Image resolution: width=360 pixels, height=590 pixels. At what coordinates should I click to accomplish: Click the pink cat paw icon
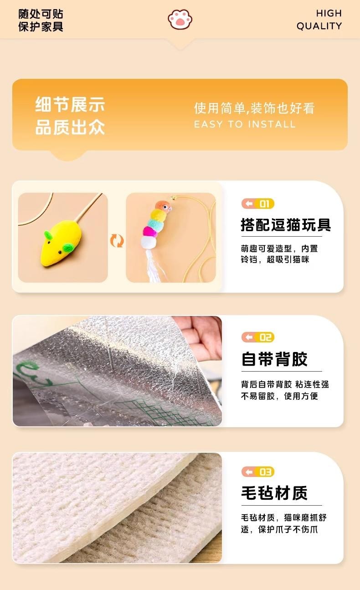coord(180,20)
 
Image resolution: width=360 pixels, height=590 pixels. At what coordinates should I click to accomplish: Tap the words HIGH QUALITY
coord(319,20)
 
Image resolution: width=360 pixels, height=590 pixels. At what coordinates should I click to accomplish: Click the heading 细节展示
coord(70,104)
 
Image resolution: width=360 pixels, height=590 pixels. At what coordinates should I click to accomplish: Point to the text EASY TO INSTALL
coord(245,124)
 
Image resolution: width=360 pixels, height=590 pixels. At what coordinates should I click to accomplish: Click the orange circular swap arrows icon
coord(117,240)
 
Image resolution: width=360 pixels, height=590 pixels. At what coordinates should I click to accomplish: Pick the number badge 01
coord(258,204)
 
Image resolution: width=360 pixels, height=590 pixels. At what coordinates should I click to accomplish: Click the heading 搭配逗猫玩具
coord(286,225)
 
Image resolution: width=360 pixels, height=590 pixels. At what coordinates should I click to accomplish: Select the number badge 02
coord(258,337)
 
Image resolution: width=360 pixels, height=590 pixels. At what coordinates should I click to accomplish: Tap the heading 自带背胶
coord(274,359)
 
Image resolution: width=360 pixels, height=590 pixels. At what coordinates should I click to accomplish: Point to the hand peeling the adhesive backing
coord(200,337)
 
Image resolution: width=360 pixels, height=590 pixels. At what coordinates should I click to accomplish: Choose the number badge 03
coord(258,472)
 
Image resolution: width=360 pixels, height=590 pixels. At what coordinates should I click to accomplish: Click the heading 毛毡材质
coord(274,493)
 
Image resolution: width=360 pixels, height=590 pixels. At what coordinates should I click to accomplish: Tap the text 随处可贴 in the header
coord(41,14)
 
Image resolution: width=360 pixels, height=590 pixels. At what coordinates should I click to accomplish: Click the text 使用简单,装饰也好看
coord(254,108)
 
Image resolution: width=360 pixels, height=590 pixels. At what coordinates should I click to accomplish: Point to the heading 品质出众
coord(70,127)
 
